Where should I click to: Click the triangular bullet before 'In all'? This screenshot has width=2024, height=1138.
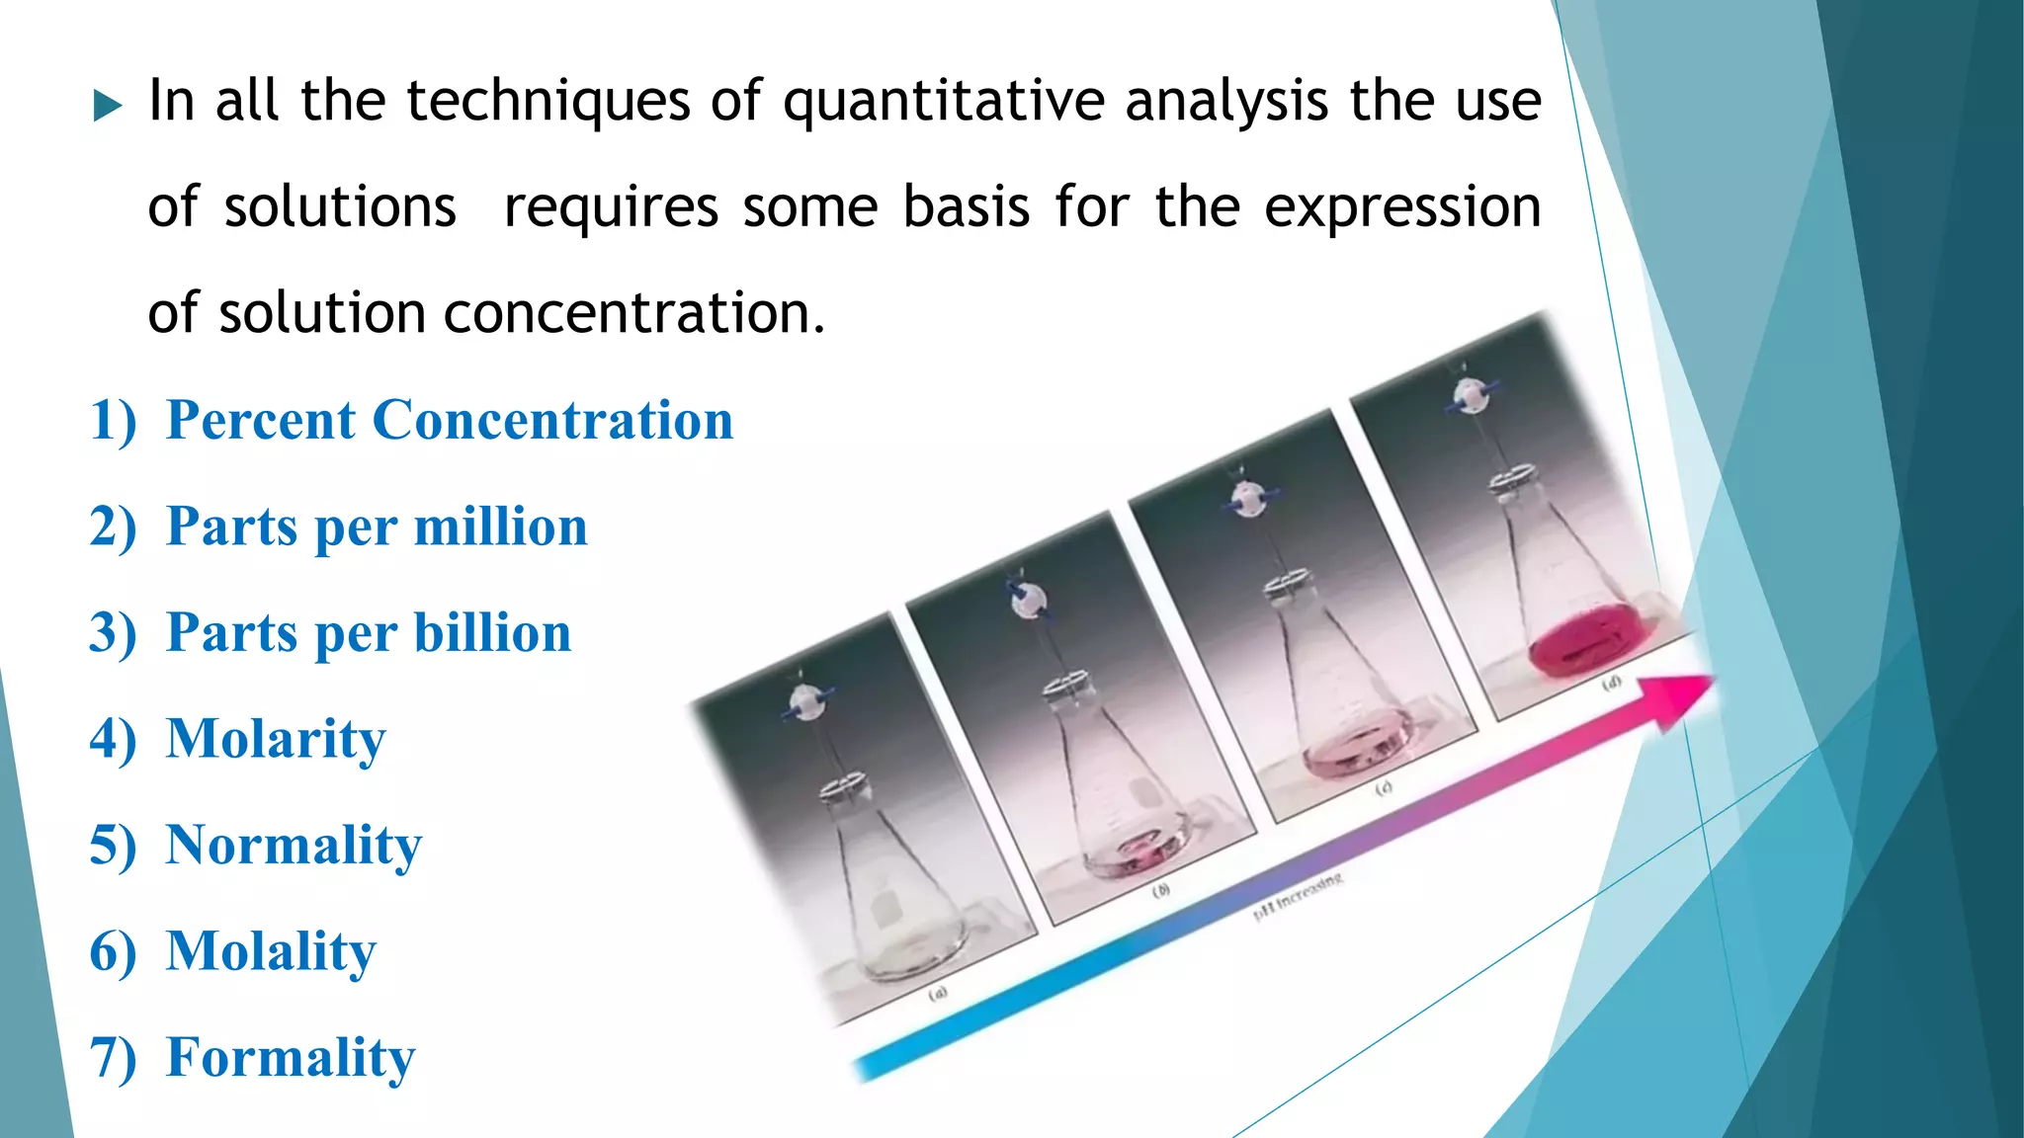(x=108, y=106)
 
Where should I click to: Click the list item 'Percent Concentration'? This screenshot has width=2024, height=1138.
(x=450, y=420)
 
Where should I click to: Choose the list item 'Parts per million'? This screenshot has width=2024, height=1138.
(x=377, y=527)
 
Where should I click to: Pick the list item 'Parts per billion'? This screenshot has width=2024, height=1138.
(x=369, y=633)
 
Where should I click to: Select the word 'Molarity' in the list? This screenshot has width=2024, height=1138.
(x=276, y=739)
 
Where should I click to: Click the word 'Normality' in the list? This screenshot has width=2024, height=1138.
(x=294, y=846)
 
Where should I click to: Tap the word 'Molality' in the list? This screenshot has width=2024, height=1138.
(x=271, y=951)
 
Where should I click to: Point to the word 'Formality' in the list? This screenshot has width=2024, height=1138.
(x=291, y=1058)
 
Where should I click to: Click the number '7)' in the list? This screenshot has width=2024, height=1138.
(x=113, y=1058)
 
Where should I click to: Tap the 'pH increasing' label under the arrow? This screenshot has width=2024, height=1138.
(x=1298, y=895)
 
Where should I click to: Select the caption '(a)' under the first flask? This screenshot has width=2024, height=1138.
(x=937, y=992)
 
